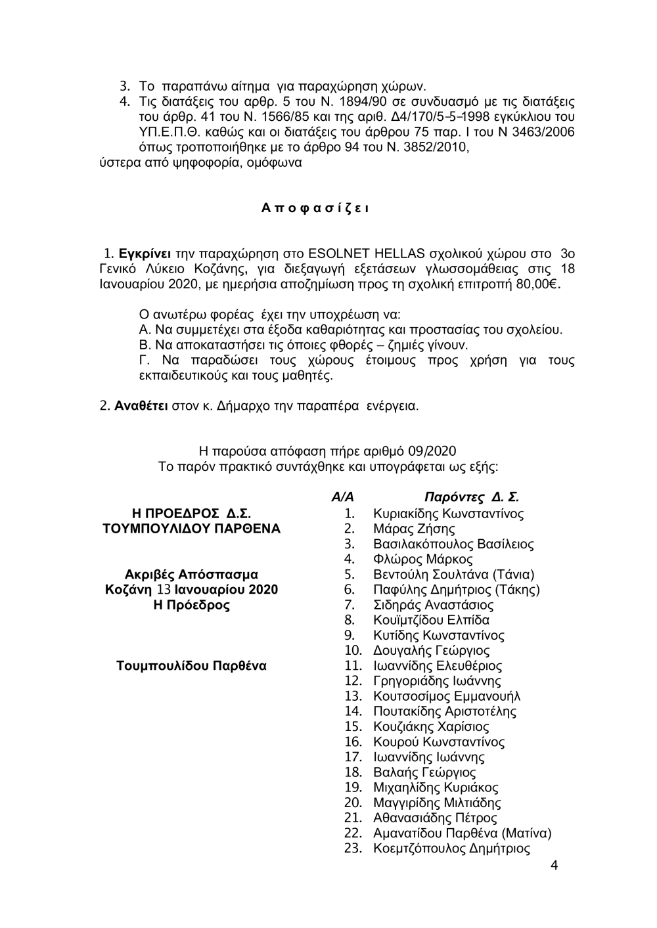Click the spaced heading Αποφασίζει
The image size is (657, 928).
coord(315,209)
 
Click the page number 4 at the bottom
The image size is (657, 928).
coord(554,865)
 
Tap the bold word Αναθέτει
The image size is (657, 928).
coord(141,406)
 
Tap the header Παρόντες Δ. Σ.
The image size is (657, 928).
coord(472,497)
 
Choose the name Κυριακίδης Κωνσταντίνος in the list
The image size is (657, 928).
coord(448,514)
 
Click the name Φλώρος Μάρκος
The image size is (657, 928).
coord(422,560)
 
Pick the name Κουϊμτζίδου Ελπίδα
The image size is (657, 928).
coord(431,620)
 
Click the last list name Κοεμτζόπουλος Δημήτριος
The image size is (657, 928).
coord(451,849)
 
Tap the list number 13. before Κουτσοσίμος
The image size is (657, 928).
coord(353,696)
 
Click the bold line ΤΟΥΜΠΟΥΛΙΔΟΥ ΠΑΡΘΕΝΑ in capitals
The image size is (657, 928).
coord(188,529)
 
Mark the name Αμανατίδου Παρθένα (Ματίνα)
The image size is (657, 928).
coord(462,833)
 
